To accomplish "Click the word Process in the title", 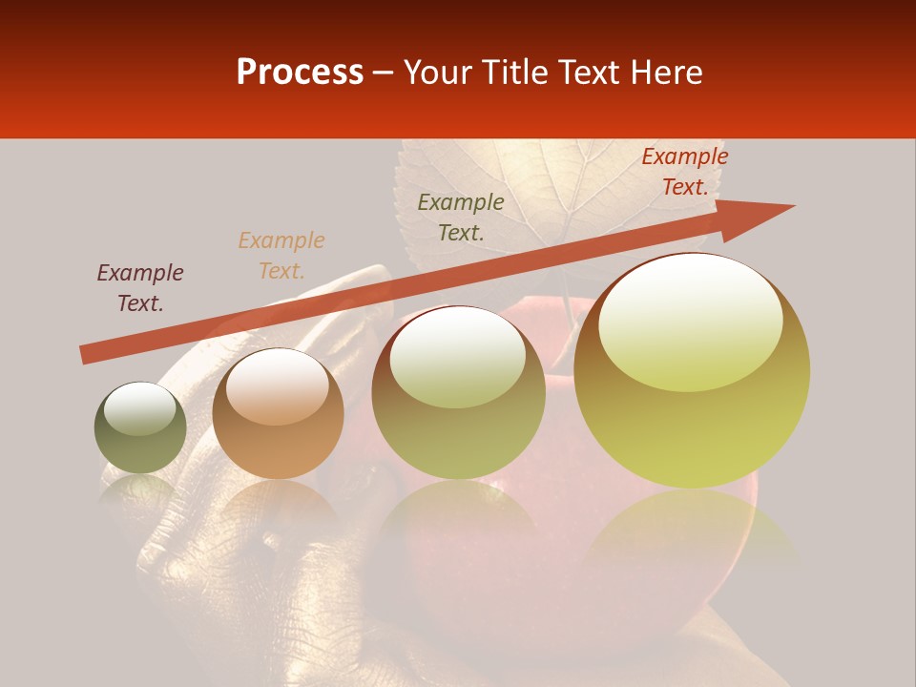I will click(x=300, y=73).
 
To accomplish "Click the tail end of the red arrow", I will click(x=84, y=355).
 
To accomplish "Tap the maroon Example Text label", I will click(x=140, y=288).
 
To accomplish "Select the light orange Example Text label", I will click(x=281, y=256).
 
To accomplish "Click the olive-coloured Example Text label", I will click(x=461, y=218).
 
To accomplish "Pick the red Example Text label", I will click(x=685, y=172).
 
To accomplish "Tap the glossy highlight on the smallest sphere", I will click(x=139, y=408).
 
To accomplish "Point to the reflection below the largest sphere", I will click(x=692, y=534).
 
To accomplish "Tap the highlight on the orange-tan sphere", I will click(x=277, y=385).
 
